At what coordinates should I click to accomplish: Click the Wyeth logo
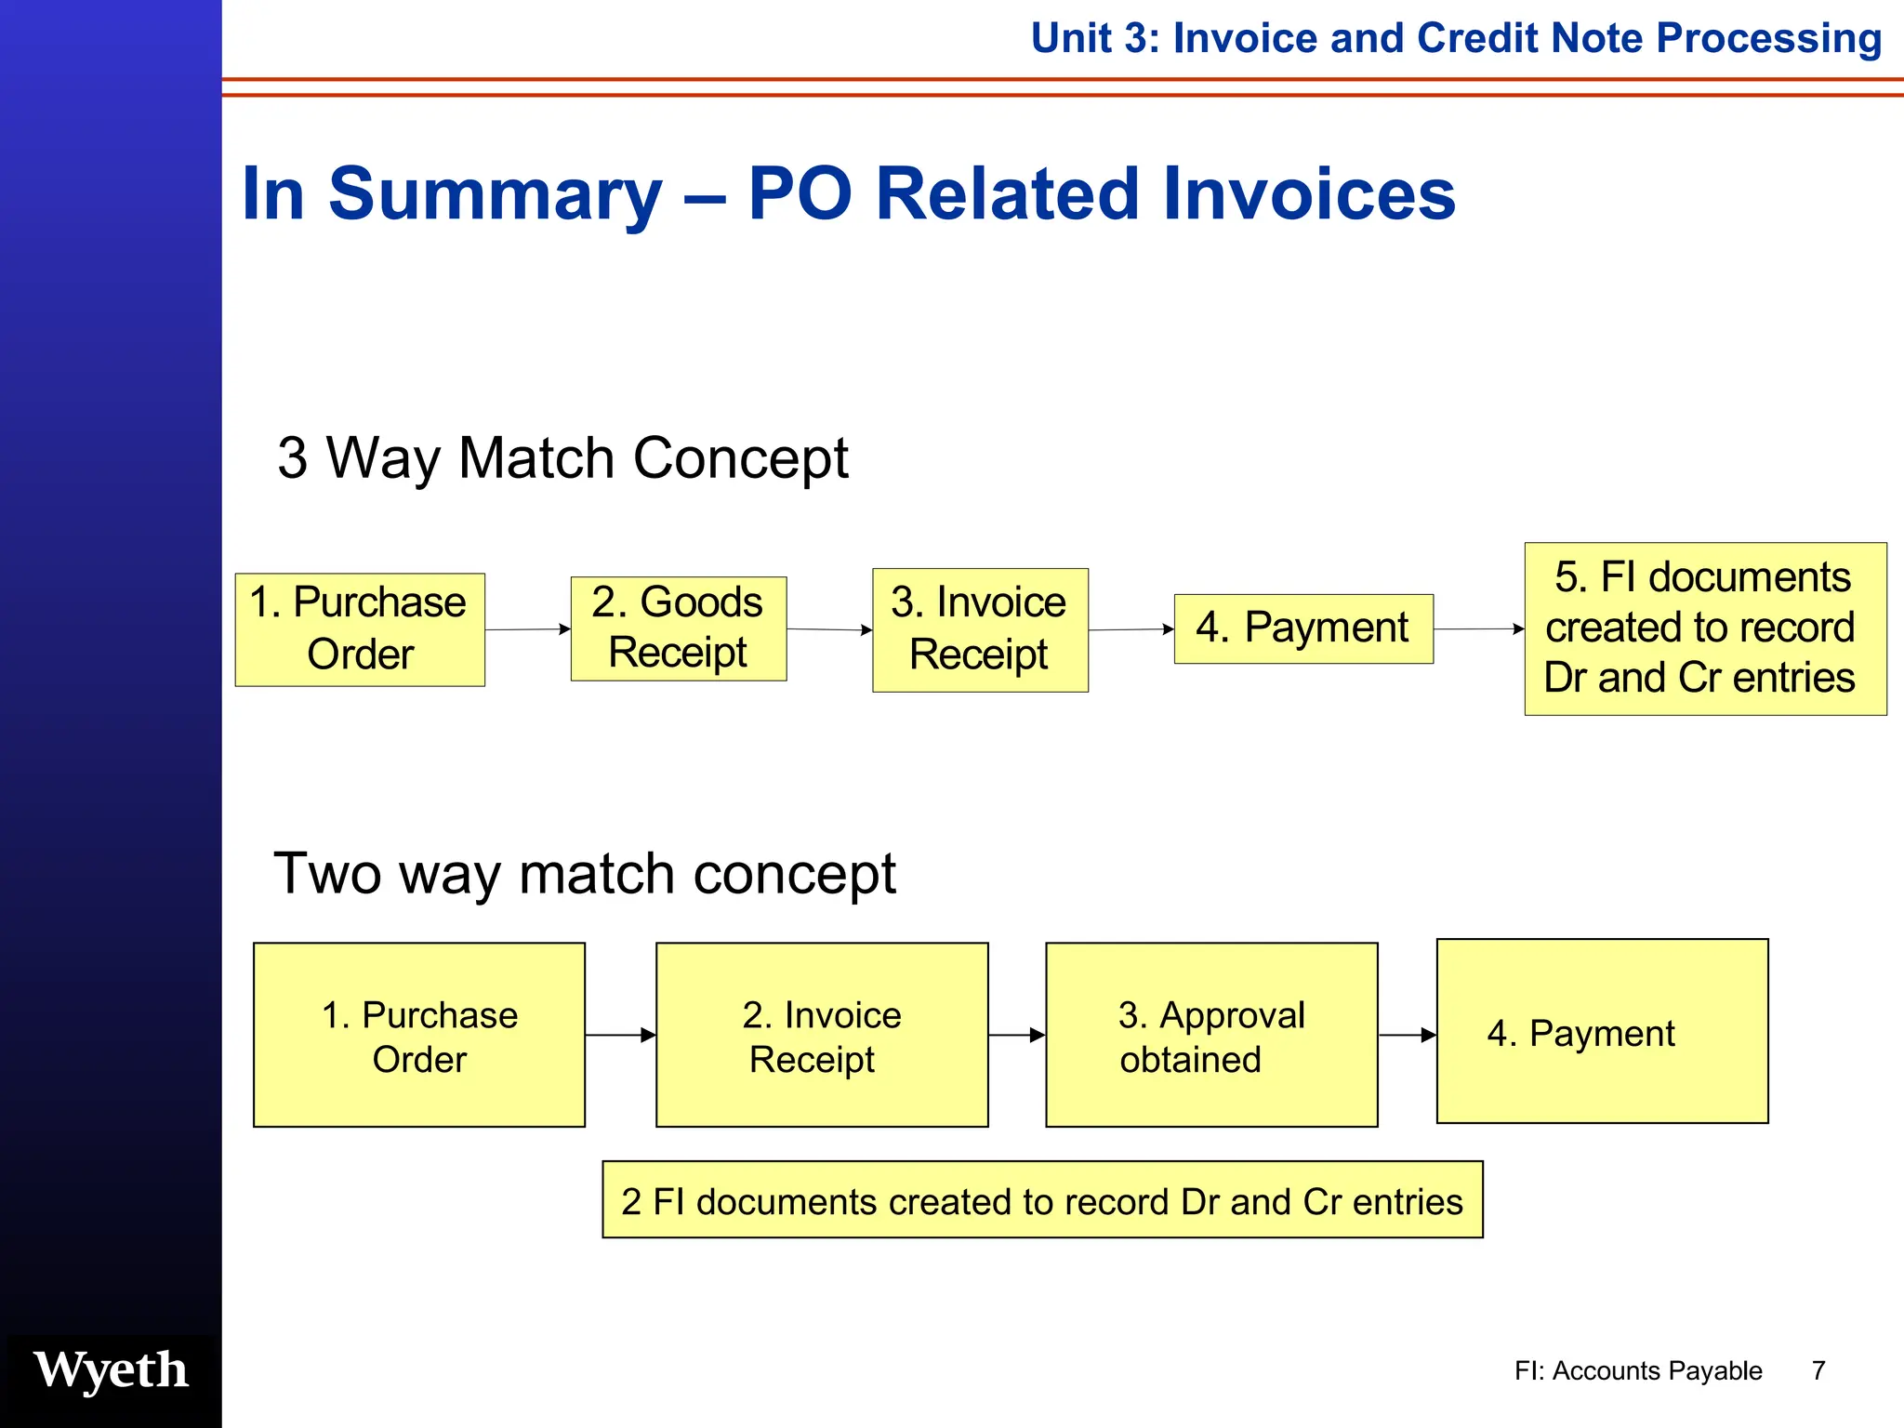click(x=111, y=1370)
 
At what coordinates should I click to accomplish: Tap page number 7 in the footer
click(x=1818, y=1370)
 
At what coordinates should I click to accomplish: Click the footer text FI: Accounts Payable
click(x=1638, y=1370)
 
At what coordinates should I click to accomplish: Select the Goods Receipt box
click(x=678, y=628)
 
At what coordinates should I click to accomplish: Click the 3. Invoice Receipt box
click(x=980, y=629)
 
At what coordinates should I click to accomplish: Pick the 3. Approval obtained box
click(x=1211, y=1035)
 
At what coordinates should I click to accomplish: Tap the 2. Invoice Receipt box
click(x=822, y=1035)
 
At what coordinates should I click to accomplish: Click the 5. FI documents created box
click(x=1705, y=628)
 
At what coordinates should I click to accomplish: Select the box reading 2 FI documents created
click(x=1042, y=1200)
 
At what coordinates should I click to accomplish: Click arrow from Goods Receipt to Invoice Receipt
click(x=829, y=629)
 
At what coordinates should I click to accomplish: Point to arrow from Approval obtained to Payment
click(x=1407, y=1035)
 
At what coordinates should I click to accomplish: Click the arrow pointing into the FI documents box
click(x=1478, y=629)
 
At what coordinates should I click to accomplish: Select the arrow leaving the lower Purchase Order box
click(x=620, y=1035)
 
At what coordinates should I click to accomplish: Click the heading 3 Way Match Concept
click(x=562, y=457)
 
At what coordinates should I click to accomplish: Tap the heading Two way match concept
click(x=585, y=873)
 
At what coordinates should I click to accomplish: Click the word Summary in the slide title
click(x=495, y=193)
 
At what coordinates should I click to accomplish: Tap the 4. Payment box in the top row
click(x=1303, y=628)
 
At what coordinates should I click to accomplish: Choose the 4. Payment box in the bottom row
click(x=1602, y=1032)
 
